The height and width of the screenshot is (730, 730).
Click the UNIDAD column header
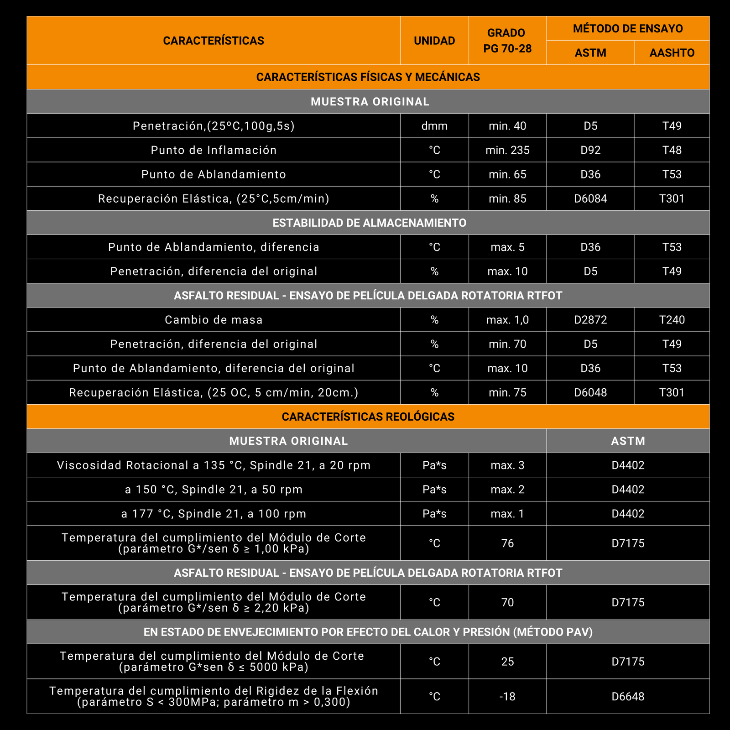click(x=434, y=41)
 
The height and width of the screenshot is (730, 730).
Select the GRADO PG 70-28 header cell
click(x=507, y=41)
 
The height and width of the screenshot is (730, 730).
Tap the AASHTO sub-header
click(x=672, y=53)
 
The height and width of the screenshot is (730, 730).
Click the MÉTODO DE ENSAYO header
click(x=628, y=29)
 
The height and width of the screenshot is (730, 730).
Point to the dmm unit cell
click(x=434, y=126)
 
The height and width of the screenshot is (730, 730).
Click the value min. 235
click(x=507, y=150)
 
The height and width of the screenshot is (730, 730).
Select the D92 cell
click(x=590, y=150)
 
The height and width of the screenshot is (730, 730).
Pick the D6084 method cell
click(x=590, y=198)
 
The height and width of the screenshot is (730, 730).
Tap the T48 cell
click(x=672, y=150)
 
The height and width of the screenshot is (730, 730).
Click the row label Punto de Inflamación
click(x=214, y=150)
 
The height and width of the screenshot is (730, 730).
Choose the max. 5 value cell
click(x=507, y=247)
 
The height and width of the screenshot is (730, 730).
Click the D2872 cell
click(x=590, y=320)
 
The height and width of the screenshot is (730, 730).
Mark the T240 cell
click(x=672, y=320)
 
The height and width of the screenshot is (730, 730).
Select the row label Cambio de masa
click(x=214, y=320)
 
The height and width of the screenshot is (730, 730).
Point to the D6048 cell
click(x=590, y=392)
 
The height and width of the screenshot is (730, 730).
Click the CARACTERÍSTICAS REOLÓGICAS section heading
click(x=368, y=417)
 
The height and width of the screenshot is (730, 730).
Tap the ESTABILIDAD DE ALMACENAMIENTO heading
click(x=369, y=223)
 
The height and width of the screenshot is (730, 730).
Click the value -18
click(x=507, y=696)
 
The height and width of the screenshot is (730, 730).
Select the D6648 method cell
click(x=628, y=696)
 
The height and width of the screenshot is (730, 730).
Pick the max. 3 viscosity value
click(x=507, y=465)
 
